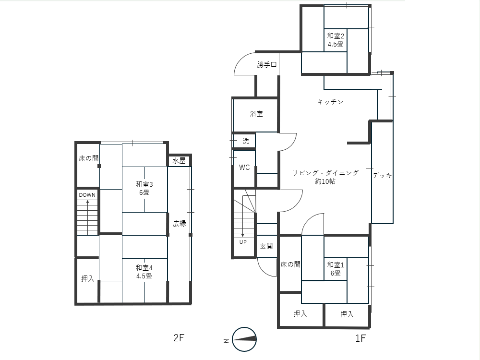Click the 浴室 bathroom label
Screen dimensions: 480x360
pos(256,114)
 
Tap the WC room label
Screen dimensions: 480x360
pos(244,168)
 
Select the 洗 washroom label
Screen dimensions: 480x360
pos(246,141)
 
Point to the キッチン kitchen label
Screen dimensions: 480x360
pos(330,102)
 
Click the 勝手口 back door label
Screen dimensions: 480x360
pos(266,65)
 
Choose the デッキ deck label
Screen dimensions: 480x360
pos(383,175)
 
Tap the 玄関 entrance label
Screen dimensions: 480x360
pos(266,246)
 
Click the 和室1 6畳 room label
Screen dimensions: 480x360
pos(336,268)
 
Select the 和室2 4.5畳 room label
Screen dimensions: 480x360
pos(336,40)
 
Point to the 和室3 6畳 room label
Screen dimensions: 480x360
pos(144,188)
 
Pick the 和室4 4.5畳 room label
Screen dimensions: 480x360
pos(144,272)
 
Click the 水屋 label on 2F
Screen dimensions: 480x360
pos(179,161)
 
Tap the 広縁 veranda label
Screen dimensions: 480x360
pos(179,224)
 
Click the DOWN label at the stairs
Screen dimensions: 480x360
pos(87,195)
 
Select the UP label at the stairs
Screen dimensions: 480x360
pos(243,242)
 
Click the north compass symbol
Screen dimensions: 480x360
pos(244,339)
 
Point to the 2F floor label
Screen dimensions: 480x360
pos(179,337)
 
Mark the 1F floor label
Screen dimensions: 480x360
pos(360,338)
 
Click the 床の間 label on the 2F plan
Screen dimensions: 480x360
pos(88,158)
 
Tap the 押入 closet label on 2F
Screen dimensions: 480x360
pos(87,278)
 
